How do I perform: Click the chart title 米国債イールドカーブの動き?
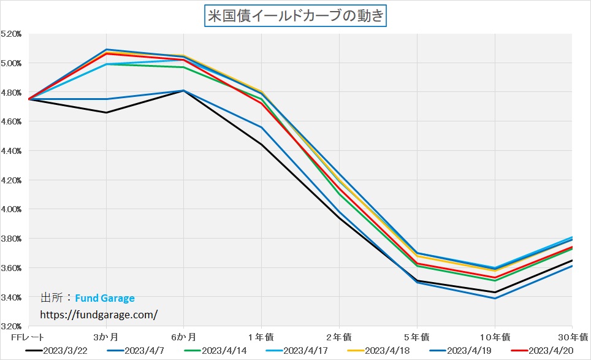click(x=295, y=15)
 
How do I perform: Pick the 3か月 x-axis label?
click(x=106, y=337)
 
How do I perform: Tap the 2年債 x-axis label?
click(x=339, y=337)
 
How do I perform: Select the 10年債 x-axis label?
click(x=494, y=337)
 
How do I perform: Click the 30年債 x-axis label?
click(x=574, y=337)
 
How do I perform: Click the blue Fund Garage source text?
click(x=105, y=299)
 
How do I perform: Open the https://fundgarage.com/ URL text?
click(x=99, y=314)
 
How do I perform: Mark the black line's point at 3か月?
click(x=106, y=112)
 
